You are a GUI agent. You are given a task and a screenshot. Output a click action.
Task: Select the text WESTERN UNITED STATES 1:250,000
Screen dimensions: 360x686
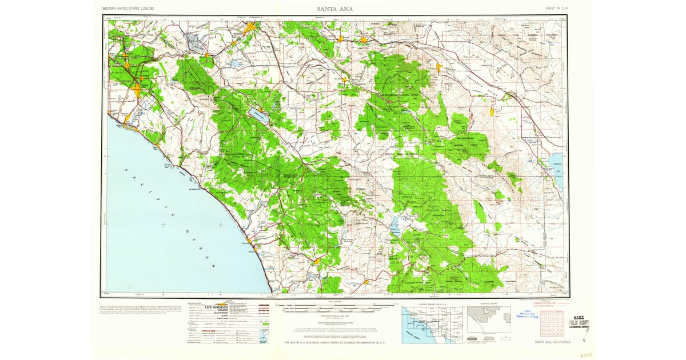(x=131, y=9)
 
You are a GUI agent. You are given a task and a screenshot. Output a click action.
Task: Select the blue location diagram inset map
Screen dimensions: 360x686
(x=432, y=324)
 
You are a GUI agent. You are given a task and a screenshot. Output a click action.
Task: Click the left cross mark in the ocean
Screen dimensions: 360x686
(x=163, y=225)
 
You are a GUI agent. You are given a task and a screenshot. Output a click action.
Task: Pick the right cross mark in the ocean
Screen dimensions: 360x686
(x=221, y=225)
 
